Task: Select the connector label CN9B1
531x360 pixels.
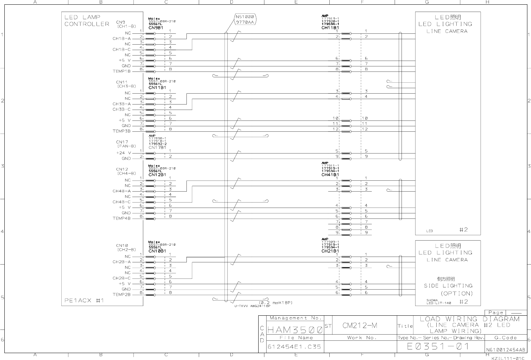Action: (157, 27)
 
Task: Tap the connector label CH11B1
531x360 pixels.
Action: (330, 28)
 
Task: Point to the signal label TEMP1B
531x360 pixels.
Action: (122, 71)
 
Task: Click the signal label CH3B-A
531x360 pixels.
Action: (122, 104)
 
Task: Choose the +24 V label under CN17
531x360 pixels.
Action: (123, 153)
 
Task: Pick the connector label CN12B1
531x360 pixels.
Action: (157, 175)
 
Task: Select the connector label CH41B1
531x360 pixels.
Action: (330, 175)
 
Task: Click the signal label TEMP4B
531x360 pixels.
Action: (122, 218)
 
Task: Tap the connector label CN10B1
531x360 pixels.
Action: (157, 251)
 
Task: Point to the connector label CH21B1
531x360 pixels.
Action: (330, 251)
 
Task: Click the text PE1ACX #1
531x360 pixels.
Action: (85, 300)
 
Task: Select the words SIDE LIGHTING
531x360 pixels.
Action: (448, 286)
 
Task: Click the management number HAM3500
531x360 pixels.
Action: (295, 330)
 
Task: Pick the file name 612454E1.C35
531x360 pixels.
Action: (294, 347)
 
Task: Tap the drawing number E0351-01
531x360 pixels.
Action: (439, 346)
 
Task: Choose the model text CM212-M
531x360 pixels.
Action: (360, 326)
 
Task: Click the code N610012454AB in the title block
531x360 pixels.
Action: (506, 350)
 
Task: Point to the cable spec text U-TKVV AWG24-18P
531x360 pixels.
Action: (247, 306)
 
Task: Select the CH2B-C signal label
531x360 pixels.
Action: (122, 278)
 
